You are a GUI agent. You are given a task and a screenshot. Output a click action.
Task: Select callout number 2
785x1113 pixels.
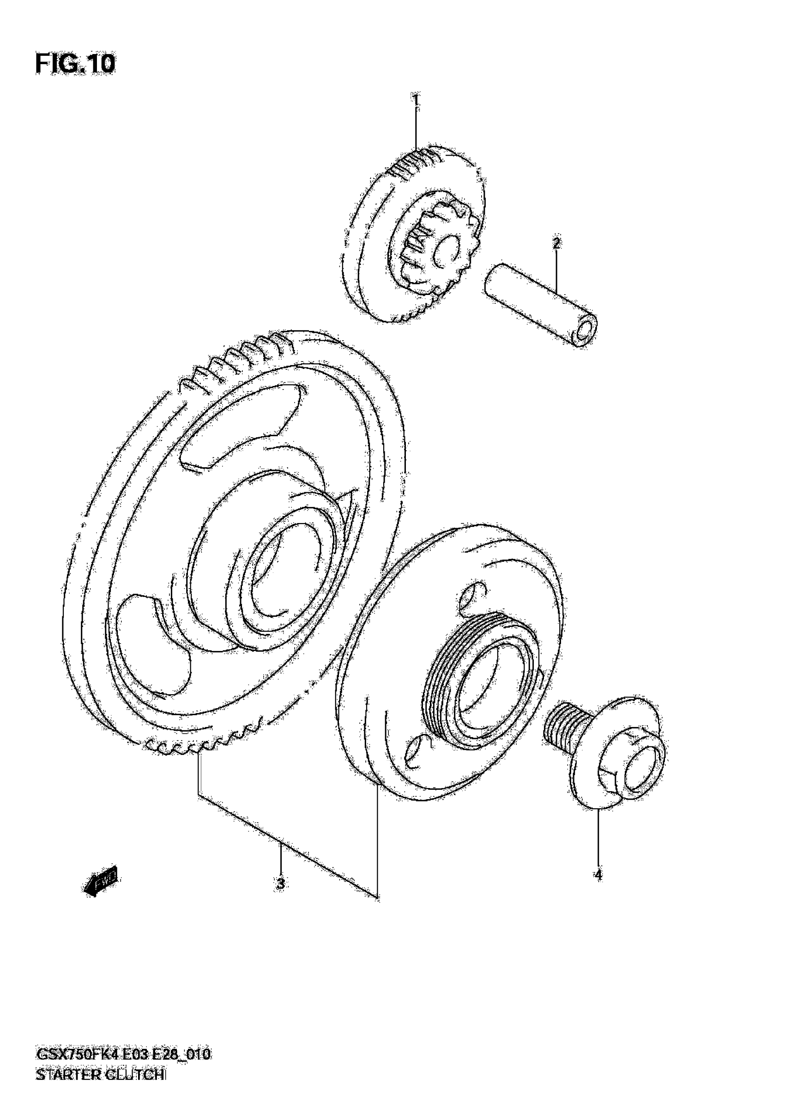[556, 243]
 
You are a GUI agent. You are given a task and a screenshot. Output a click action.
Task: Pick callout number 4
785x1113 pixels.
[598, 875]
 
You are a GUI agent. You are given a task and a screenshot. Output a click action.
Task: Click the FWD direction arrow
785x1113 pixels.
[100, 880]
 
